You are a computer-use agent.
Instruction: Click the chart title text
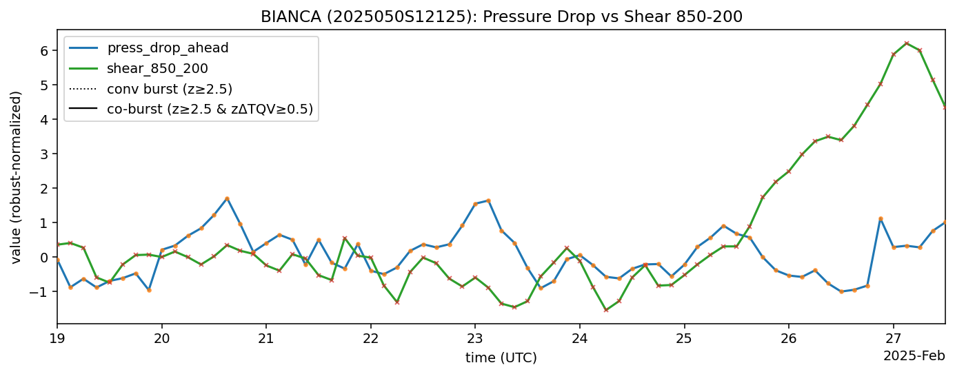[x=501, y=17]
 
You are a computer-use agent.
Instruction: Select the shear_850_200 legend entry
[x=157, y=68]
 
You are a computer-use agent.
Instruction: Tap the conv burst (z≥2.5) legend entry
[x=169, y=88]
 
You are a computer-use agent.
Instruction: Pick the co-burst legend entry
[x=210, y=109]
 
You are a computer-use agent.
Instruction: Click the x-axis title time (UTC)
[x=501, y=357]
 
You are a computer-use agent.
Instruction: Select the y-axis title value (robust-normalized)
[x=16, y=177]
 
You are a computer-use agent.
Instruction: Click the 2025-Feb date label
[x=914, y=356]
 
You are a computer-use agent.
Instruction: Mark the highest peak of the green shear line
[x=907, y=43]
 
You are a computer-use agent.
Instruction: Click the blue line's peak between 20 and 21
[x=227, y=198]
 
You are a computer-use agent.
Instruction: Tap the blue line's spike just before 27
[x=881, y=218]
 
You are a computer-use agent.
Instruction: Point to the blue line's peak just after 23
[x=488, y=200]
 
